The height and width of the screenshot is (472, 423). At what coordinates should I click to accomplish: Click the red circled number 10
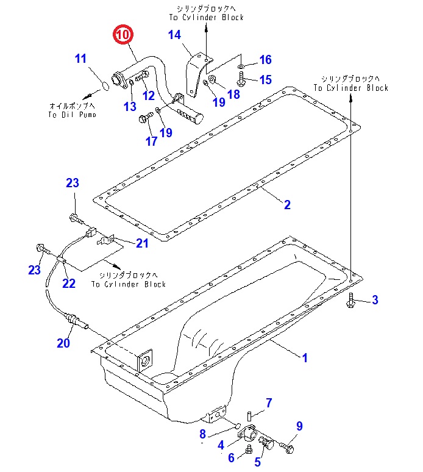tap(123, 34)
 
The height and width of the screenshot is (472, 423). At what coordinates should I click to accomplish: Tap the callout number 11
tap(80, 59)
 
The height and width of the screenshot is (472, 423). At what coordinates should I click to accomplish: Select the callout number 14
tap(174, 35)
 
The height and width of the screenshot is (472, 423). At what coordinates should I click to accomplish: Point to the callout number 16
tap(266, 60)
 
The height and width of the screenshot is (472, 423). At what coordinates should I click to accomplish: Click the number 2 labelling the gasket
tap(287, 205)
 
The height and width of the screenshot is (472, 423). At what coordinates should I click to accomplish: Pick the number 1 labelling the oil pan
tap(305, 358)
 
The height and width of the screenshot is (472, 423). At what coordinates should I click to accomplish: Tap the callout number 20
tap(63, 343)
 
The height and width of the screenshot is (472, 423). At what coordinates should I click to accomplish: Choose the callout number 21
tap(142, 243)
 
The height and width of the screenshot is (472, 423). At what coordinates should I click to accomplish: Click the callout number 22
tap(69, 283)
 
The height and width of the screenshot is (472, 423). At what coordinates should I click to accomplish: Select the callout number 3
tap(375, 300)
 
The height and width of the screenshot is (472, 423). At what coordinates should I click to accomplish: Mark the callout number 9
tap(299, 426)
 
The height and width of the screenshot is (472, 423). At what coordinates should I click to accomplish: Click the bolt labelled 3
tap(350, 300)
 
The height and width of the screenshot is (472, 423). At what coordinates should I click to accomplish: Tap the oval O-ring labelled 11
tap(105, 86)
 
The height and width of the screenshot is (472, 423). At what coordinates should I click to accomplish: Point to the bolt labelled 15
tap(241, 79)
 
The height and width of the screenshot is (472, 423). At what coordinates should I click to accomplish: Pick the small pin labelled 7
tap(249, 417)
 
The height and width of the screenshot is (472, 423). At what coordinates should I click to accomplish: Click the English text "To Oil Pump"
tap(72, 115)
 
